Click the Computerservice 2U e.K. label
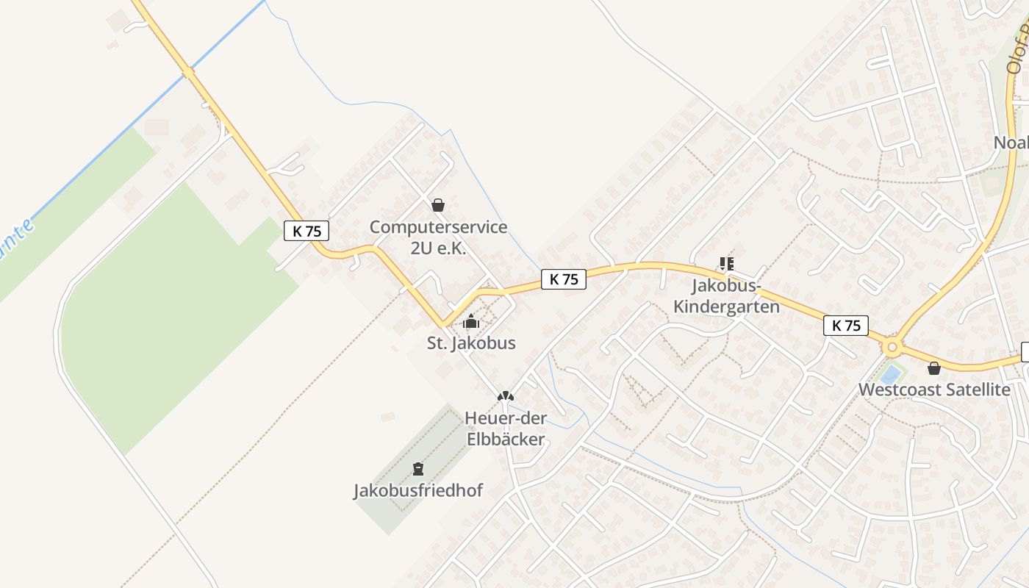(438, 237)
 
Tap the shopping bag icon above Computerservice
(438, 205)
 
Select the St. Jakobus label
(471, 343)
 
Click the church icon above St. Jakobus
(471, 321)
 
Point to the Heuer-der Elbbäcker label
(505, 429)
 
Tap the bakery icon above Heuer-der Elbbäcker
(505, 396)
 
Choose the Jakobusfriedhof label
(418, 490)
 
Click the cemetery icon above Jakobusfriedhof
(418, 468)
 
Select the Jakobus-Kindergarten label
(726, 295)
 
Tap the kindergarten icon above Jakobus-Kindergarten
(727, 263)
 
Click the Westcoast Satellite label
(934, 389)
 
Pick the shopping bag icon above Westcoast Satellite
(933, 367)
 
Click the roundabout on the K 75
(893, 346)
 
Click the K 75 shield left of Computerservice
(306, 231)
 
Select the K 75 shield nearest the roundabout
(846, 326)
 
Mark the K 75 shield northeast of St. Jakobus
(564, 279)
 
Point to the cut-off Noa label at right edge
(1011, 143)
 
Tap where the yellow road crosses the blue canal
(189, 73)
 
